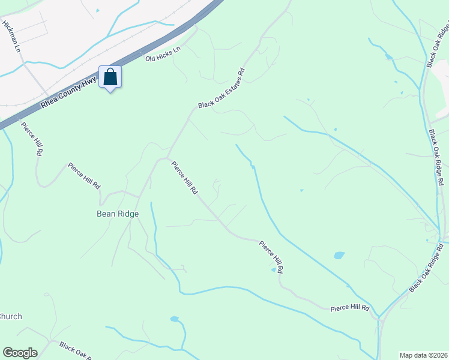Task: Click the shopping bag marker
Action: click(x=110, y=77)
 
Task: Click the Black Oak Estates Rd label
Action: click(x=222, y=88)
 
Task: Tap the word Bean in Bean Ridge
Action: click(x=106, y=214)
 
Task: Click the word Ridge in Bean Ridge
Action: click(x=128, y=214)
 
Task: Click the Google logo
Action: click(x=20, y=353)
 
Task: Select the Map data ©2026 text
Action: click(x=424, y=355)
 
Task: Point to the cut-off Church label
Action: click(x=11, y=316)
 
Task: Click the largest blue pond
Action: click(x=339, y=255)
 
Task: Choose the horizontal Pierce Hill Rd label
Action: click(x=349, y=308)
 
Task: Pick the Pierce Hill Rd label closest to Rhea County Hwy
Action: click(x=31, y=139)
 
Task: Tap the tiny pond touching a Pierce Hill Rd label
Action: click(x=274, y=270)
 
